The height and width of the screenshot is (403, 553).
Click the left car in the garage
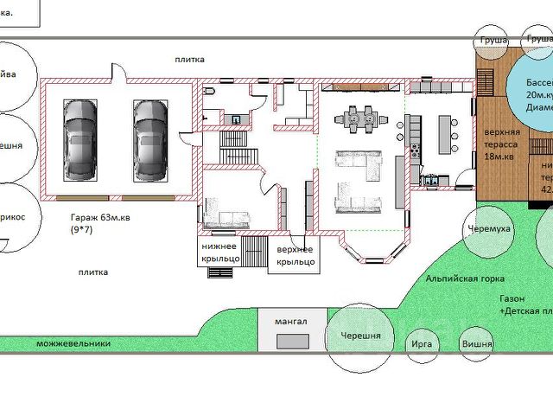80,133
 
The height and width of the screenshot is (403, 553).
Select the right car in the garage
148,133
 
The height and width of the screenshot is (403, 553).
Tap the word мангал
290,322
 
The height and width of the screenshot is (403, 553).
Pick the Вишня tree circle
476,343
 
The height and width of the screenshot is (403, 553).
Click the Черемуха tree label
489,204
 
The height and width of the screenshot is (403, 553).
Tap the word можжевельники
73,343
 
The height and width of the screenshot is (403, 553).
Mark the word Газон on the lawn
511,297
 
